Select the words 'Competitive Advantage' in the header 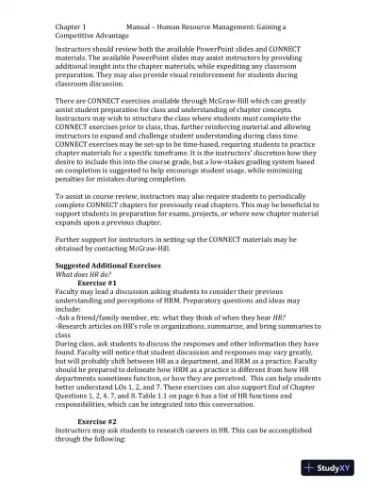click(95, 28)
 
